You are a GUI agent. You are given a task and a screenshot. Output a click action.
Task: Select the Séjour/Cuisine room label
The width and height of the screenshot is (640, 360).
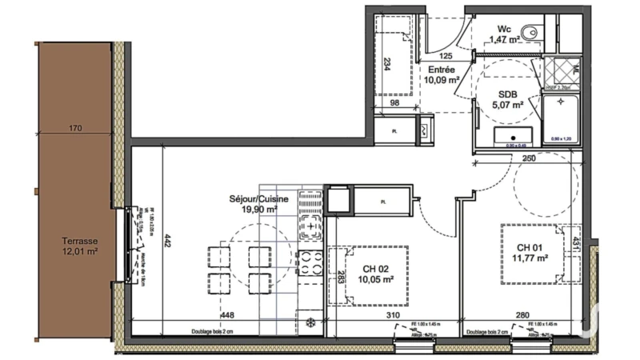click(x=250, y=203)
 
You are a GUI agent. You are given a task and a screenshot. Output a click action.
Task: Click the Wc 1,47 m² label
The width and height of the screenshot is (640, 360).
click(x=505, y=33)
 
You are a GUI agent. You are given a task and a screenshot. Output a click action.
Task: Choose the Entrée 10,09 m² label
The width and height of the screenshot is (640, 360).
click(x=441, y=74)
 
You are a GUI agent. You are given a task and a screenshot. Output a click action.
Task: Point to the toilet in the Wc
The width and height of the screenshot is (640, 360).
click(x=537, y=32)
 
